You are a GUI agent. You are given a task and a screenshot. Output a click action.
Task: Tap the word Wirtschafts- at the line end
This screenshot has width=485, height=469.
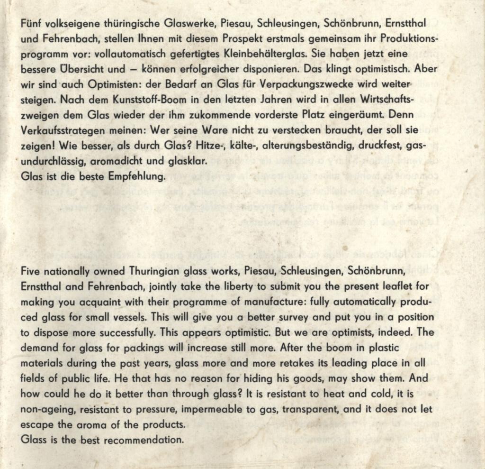(x=384, y=100)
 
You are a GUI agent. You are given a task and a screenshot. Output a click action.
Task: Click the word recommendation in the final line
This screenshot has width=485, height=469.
(x=143, y=440)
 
